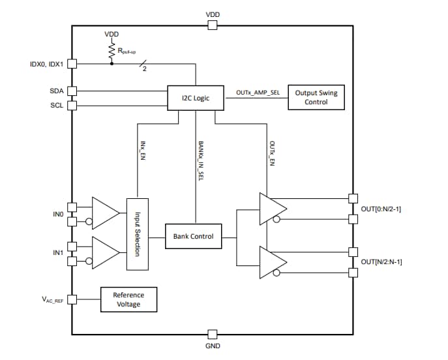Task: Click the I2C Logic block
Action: tap(196, 98)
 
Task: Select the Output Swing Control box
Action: tap(316, 97)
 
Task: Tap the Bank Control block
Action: tap(194, 235)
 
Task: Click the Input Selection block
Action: tap(138, 233)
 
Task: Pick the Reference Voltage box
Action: tap(128, 299)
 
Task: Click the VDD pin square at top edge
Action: tap(212, 25)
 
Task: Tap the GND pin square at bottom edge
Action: tap(212, 335)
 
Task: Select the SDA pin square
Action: tap(72, 91)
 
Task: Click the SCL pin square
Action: tap(72, 105)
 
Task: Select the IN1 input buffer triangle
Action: tap(105, 252)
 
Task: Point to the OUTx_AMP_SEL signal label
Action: tap(258, 93)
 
